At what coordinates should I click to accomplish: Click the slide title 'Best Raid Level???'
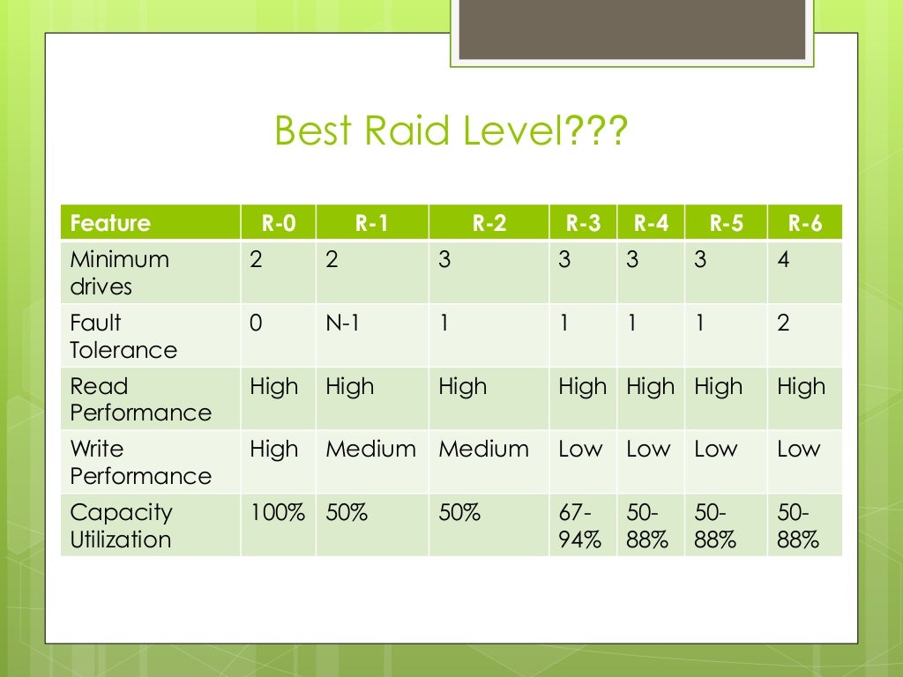tap(451, 131)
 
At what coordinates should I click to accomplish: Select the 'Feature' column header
tap(110, 223)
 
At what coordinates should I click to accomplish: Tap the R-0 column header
tap(278, 223)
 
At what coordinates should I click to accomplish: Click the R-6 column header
tap(804, 223)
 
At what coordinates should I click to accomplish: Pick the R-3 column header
tap(583, 223)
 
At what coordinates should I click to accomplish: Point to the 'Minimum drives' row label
tap(119, 273)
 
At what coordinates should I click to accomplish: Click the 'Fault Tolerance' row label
tap(123, 336)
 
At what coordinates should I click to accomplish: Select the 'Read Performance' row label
tap(140, 399)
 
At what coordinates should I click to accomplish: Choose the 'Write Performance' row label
tap(140, 462)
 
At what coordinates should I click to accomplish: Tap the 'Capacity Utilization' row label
tap(121, 525)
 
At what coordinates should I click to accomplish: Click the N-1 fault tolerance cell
tap(343, 324)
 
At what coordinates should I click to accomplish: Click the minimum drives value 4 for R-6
tap(784, 261)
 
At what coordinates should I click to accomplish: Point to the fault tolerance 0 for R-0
tap(256, 324)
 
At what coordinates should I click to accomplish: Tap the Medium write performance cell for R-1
tap(370, 450)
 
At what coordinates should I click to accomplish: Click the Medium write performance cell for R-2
tap(483, 450)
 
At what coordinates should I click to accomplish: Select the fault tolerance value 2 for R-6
tap(784, 324)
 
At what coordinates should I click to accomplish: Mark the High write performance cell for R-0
tap(274, 450)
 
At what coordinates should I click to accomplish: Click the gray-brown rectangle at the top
tap(633, 30)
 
